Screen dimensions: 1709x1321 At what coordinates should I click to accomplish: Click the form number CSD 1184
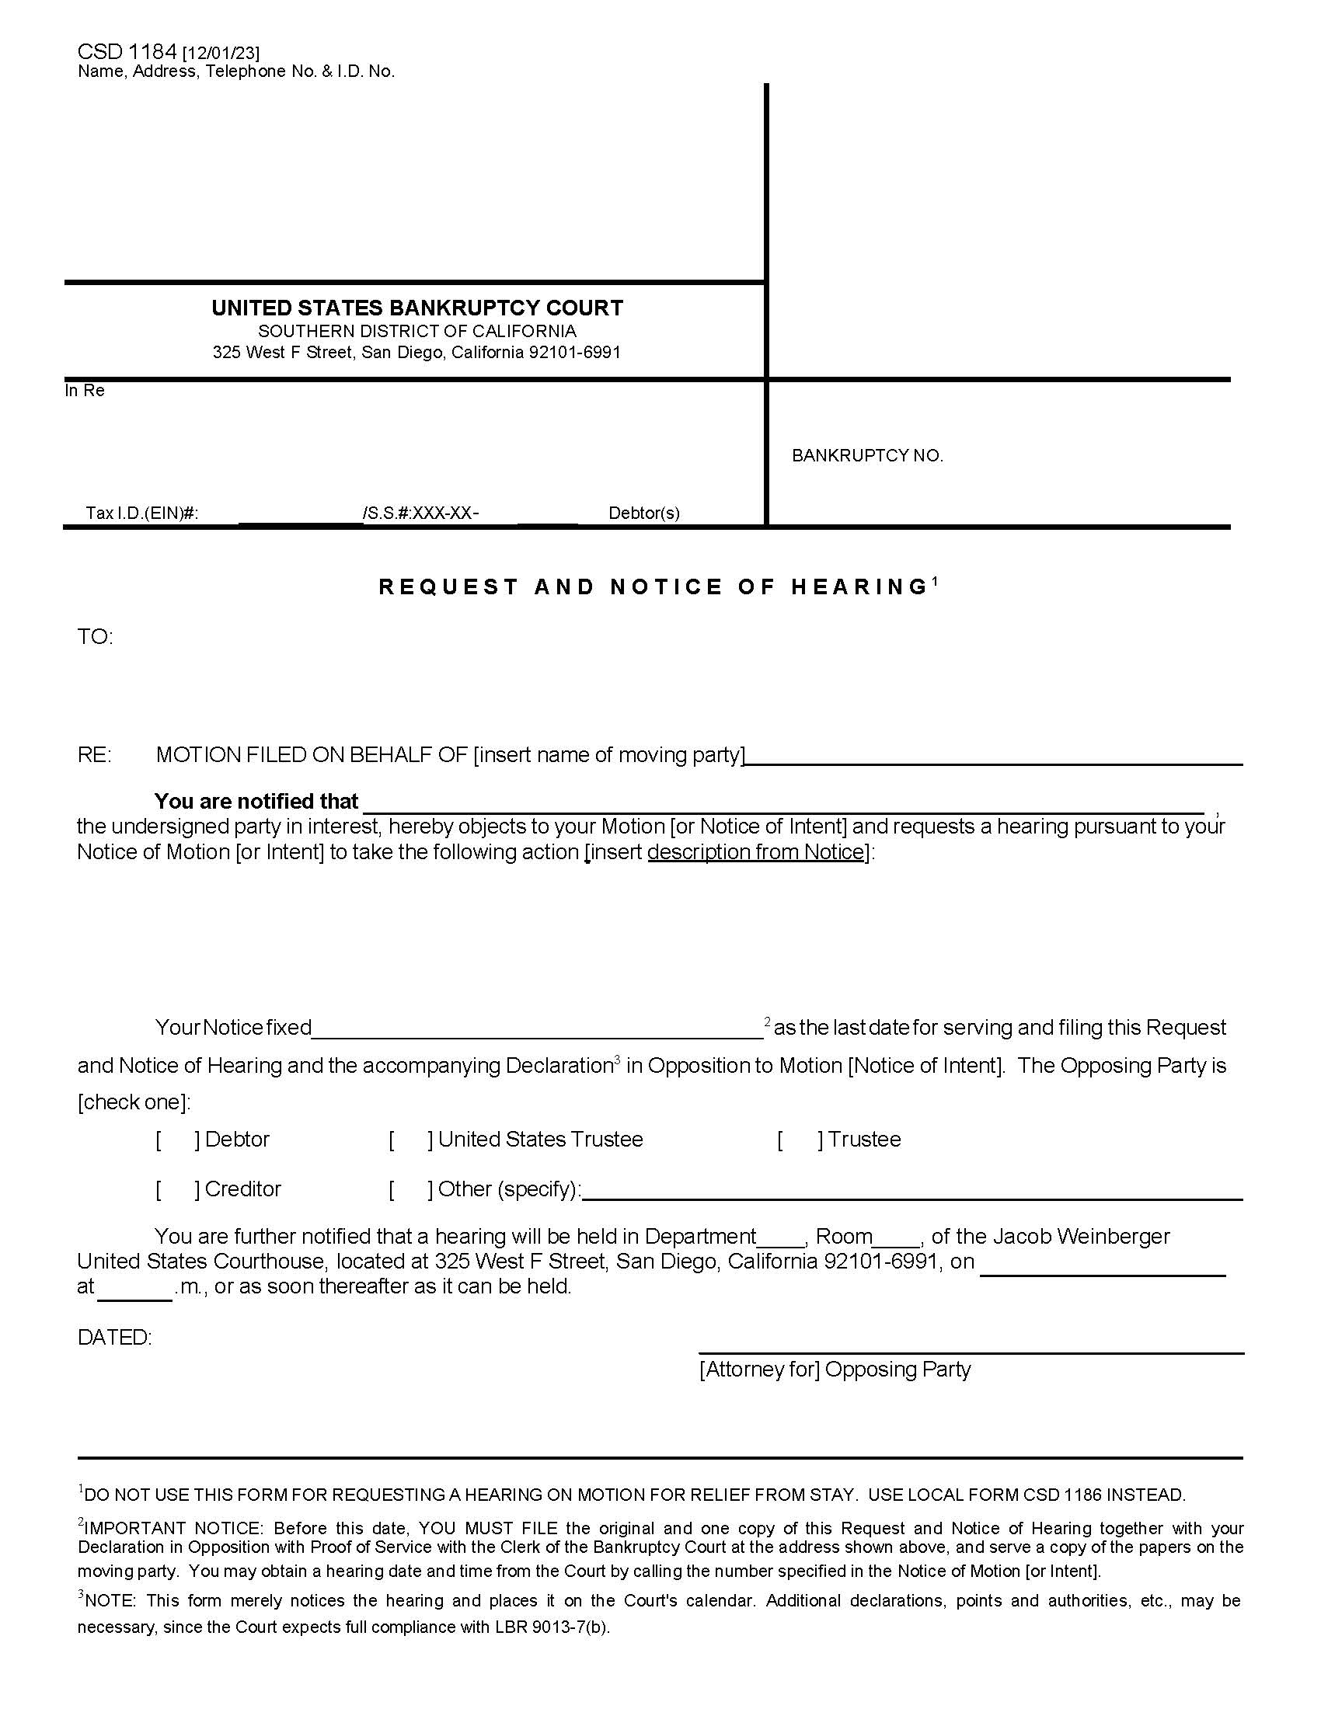coord(127,51)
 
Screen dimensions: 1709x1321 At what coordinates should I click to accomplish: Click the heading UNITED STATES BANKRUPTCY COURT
coord(417,308)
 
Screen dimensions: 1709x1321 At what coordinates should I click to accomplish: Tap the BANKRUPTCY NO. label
coord(867,455)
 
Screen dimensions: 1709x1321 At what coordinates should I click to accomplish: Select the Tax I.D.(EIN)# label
coord(141,513)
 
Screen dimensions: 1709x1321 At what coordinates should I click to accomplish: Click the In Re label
coord(85,391)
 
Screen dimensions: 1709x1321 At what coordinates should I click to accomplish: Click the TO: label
coord(95,637)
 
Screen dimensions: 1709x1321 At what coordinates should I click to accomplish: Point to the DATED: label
coord(114,1338)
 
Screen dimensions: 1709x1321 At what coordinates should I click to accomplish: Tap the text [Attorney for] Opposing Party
coord(835,1370)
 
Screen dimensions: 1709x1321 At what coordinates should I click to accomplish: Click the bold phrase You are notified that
coord(256,802)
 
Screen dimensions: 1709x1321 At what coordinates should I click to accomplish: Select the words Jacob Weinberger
coord(1082,1237)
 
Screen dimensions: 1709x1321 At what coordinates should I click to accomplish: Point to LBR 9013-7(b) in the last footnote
coord(552,1627)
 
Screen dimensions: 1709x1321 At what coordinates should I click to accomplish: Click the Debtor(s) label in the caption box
coord(644,513)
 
